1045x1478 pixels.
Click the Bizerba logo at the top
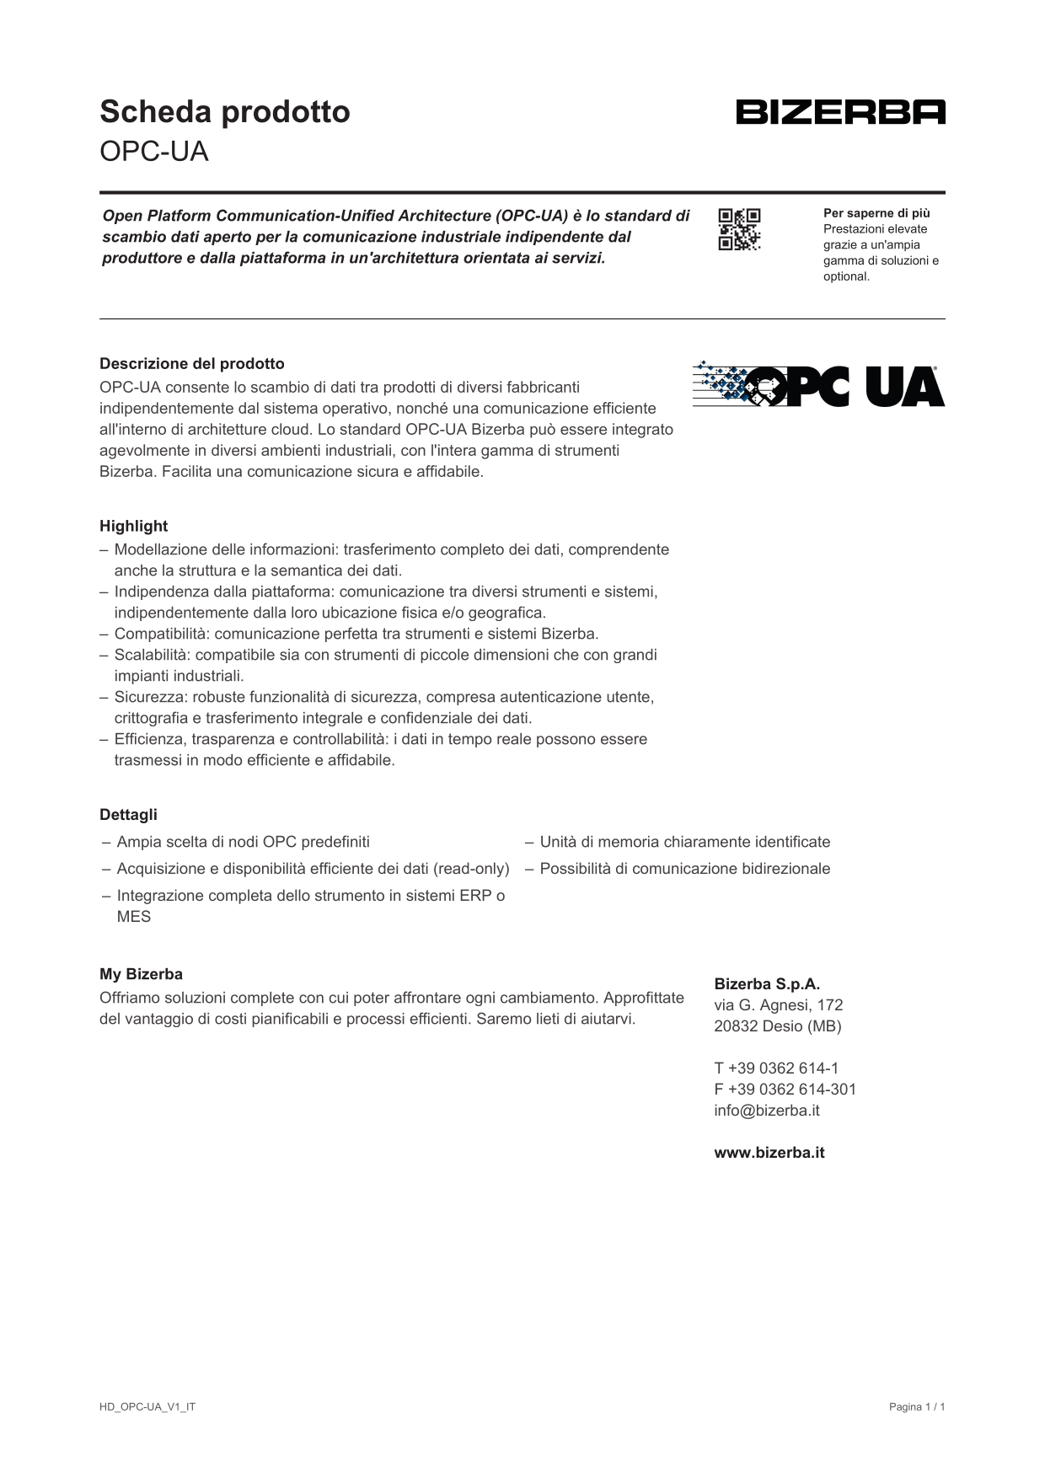(840, 112)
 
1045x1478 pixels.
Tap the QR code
(739, 229)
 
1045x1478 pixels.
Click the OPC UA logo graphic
(818, 386)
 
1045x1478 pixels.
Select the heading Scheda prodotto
(224, 111)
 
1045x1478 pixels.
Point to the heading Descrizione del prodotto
(192, 364)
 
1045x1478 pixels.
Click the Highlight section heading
(133, 526)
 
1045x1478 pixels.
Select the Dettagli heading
(128, 815)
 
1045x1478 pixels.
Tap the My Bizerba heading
(141, 974)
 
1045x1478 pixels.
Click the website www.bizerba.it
(769, 1153)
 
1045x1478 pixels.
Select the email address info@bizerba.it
(766, 1111)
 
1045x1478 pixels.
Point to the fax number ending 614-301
(785, 1090)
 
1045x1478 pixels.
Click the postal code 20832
(735, 1026)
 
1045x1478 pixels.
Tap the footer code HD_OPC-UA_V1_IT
(147, 1407)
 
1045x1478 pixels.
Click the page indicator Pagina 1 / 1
(917, 1407)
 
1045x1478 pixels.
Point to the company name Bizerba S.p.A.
(767, 984)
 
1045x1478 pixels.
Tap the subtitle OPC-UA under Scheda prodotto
(153, 152)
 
